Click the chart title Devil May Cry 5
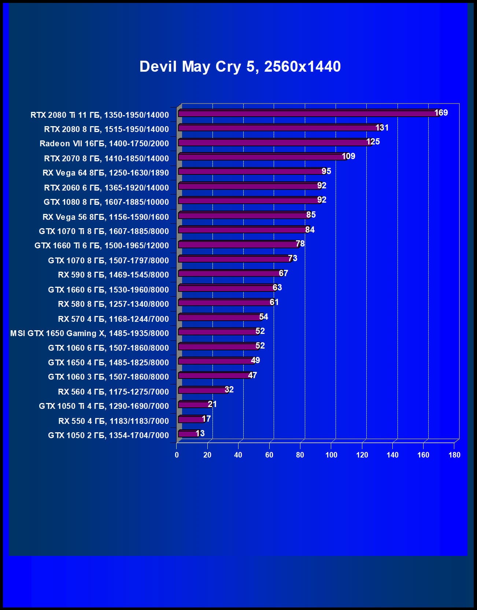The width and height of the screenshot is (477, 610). pyautogui.click(x=240, y=67)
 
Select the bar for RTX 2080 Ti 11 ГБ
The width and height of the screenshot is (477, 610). pyautogui.click(x=308, y=113)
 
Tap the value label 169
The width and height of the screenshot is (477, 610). pyautogui.click(x=441, y=113)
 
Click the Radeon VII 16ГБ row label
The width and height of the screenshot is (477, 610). pyautogui.click(x=104, y=143)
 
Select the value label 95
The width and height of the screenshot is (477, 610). pyautogui.click(x=326, y=171)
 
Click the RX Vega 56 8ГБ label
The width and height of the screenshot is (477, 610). pyautogui.click(x=106, y=217)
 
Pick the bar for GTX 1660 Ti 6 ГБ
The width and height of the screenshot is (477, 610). pyautogui.click(x=238, y=244)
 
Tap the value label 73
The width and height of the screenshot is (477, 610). pyautogui.click(x=293, y=258)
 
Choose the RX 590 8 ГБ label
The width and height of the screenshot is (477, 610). pyautogui.click(x=113, y=275)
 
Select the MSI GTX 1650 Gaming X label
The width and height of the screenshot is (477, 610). pyautogui.click(x=89, y=333)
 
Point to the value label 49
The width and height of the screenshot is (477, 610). pyautogui.click(x=255, y=360)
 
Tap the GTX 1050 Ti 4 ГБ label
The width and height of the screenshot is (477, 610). pyautogui.click(x=104, y=406)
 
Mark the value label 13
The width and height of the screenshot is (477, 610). pyautogui.click(x=200, y=433)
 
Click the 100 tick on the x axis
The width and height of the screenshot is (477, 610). pyautogui.click(x=331, y=455)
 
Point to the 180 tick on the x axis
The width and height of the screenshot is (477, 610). pyautogui.click(x=454, y=455)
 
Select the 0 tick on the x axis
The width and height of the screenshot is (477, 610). pyautogui.click(x=177, y=455)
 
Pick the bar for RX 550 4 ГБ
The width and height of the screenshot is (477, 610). pyautogui.click(x=191, y=419)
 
